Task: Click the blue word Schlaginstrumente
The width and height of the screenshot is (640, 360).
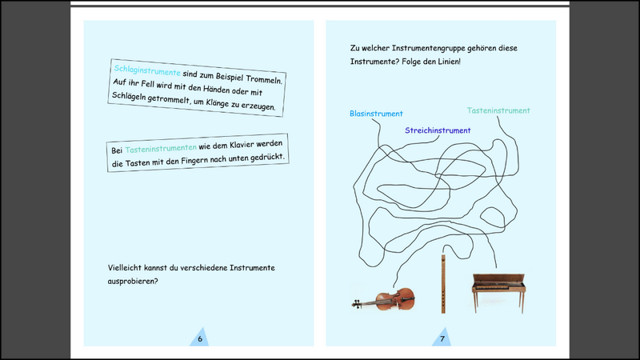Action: coord(147,70)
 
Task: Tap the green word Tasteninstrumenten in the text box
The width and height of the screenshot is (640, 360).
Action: coord(161,150)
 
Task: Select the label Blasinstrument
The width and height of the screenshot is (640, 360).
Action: coord(376,114)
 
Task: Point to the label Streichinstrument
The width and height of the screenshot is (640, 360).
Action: coord(438,130)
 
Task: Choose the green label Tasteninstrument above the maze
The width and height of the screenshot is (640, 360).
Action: coord(498,110)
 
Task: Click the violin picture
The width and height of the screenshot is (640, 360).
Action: coord(383,300)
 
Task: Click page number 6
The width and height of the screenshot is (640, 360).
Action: coord(200,338)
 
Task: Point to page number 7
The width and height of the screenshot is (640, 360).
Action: coord(442,338)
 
